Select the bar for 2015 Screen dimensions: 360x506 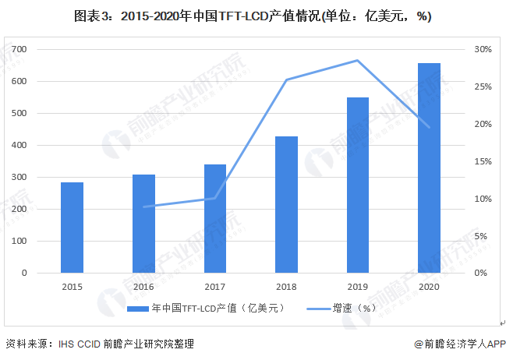click(x=73, y=228)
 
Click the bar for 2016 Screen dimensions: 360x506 click(x=143, y=224)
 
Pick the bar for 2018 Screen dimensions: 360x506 click(x=287, y=204)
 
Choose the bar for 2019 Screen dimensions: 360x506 click(x=358, y=185)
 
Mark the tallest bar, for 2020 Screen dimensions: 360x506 click(x=429, y=168)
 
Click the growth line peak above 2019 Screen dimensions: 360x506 click(x=358, y=60)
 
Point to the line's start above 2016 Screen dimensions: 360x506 click(x=144, y=206)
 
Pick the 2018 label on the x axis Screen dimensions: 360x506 click(x=287, y=286)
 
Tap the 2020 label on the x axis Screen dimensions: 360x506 click(x=429, y=286)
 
